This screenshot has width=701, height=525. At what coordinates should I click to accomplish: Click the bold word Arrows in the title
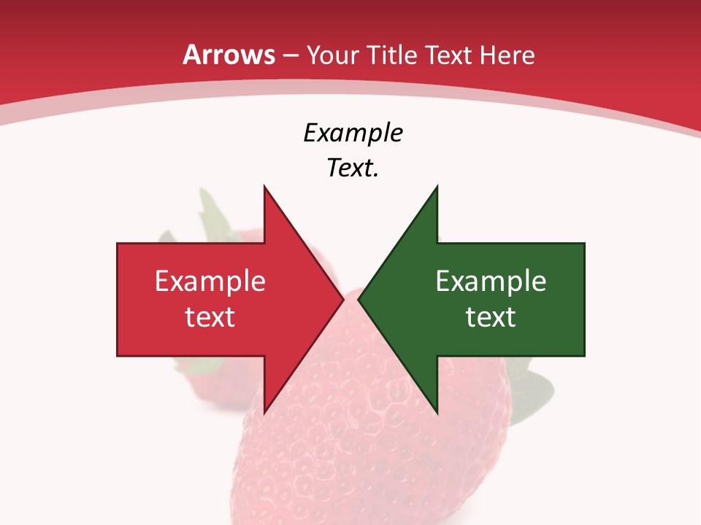(229, 55)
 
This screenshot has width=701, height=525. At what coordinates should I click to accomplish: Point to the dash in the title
(290, 55)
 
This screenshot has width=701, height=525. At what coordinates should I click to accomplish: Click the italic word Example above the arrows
(353, 133)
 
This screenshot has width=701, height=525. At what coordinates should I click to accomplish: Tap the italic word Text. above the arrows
(353, 168)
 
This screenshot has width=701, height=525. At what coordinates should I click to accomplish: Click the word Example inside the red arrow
(210, 281)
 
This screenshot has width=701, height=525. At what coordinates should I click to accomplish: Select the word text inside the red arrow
(210, 316)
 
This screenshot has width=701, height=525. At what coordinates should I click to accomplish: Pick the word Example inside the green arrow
(491, 281)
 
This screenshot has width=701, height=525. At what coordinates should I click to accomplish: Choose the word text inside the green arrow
(491, 316)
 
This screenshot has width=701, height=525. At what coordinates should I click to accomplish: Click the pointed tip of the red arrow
(342, 300)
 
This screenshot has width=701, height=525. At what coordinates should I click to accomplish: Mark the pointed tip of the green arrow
(359, 300)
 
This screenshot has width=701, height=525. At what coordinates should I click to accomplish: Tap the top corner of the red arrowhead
(265, 187)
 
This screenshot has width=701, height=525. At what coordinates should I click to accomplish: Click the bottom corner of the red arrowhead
(265, 412)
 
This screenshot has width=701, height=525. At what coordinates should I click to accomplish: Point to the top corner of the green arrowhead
(437, 187)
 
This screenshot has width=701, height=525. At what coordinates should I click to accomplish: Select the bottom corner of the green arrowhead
(437, 412)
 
